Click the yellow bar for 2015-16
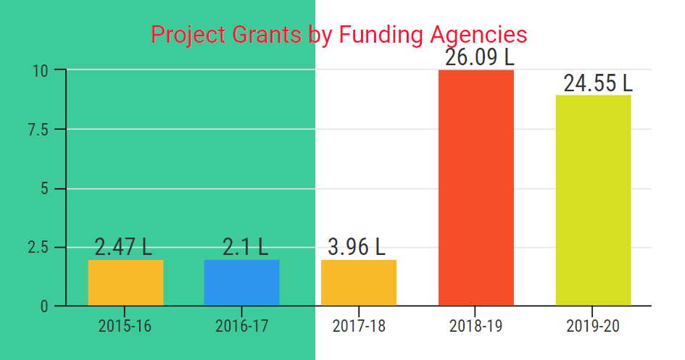pyautogui.click(x=125, y=282)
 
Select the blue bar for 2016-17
pyautogui.click(x=241, y=282)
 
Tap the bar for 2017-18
pyautogui.click(x=359, y=282)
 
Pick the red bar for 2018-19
pyautogui.click(x=476, y=188)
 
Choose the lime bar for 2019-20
pyautogui.click(x=593, y=200)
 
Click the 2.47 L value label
pyautogui.click(x=124, y=247)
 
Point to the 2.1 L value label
pyautogui.click(x=245, y=247)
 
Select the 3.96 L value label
pyautogui.click(x=357, y=247)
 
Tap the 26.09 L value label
pyautogui.click(x=479, y=57)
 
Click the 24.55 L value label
pyautogui.click(x=598, y=83)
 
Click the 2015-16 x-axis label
pyautogui.click(x=125, y=326)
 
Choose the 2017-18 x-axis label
pyautogui.click(x=359, y=326)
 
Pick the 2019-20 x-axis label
pyautogui.click(x=593, y=326)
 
